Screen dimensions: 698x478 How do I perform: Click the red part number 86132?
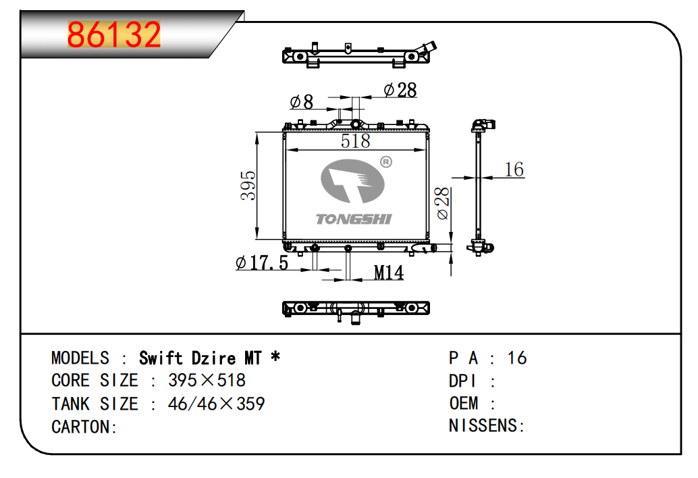tap(113, 34)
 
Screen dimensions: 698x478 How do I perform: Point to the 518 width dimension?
tap(355, 141)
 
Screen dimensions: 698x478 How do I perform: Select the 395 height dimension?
tap(248, 185)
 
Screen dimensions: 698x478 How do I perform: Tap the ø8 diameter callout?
tap(301, 101)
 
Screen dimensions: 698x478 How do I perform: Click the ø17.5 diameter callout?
tap(262, 262)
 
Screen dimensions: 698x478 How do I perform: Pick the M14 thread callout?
tap(388, 272)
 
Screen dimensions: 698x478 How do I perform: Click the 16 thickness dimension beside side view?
tap(514, 170)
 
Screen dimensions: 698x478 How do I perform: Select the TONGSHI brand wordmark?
tap(354, 219)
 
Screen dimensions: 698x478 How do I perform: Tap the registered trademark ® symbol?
tap(386, 162)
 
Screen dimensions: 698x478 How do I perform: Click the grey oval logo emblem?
tap(352, 181)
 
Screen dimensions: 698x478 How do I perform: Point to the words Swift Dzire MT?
tap(200, 358)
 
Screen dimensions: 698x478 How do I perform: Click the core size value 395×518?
tap(207, 381)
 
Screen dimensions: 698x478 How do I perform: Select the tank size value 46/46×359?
tap(216, 404)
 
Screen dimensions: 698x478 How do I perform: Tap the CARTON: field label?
tap(84, 427)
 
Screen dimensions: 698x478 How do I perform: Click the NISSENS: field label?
tap(487, 425)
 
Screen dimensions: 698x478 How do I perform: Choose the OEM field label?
tap(463, 403)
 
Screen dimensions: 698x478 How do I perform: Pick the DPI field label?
tap(462, 381)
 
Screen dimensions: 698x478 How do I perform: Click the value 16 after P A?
tap(517, 358)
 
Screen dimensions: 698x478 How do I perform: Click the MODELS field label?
tap(80, 358)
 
